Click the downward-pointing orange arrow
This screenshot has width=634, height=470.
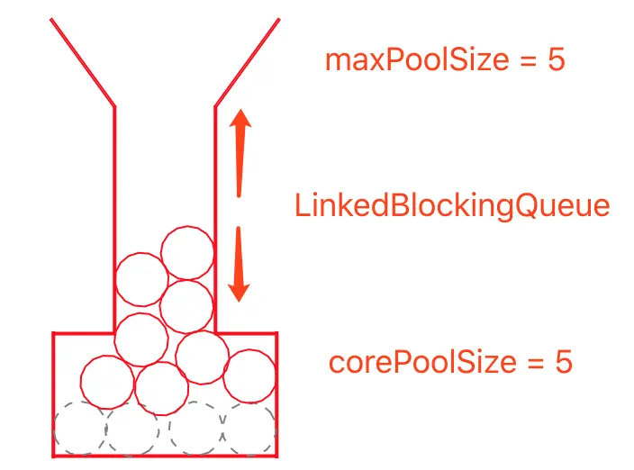pos(239,266)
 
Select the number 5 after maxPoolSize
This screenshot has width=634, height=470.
pos(555,61)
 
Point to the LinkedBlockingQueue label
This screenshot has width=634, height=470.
pos(452,206)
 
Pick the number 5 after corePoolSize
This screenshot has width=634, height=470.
pos(563,363)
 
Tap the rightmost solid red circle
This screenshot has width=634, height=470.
pos(249,375)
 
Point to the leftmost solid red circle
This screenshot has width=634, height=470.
pos(106,382)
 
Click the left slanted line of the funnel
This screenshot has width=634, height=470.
pos(82,61)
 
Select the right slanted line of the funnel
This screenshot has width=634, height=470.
pos(247,61)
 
